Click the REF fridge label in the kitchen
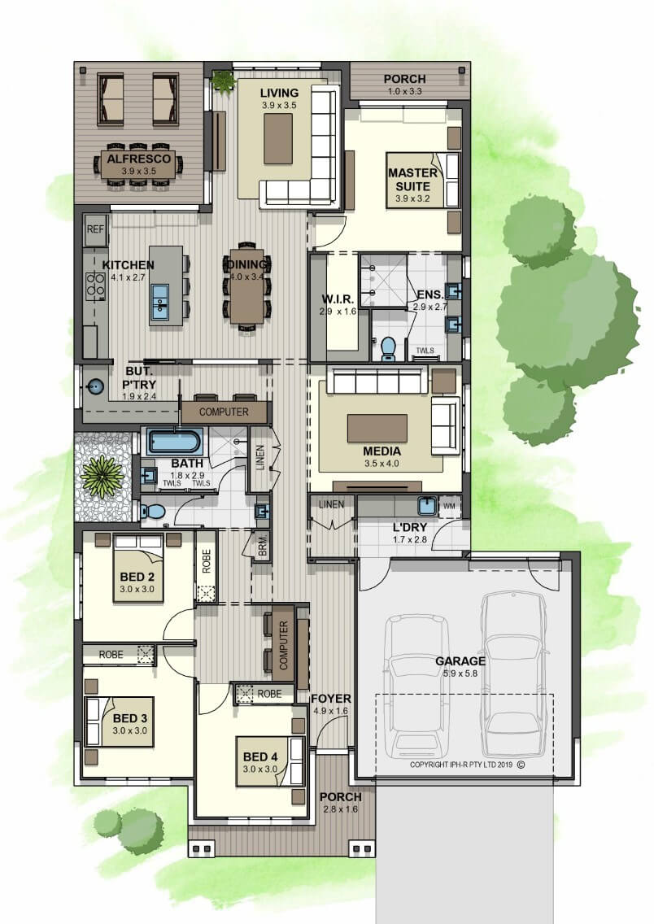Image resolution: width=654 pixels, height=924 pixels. tap(95, 229)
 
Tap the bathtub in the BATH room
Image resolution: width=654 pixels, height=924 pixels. tap(174, 441)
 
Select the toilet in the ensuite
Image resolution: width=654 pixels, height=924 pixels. tap(388, 347)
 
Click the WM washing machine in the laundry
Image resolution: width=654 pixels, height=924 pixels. tap(450, 506)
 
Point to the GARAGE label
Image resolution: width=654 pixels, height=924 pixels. tap(460, 661)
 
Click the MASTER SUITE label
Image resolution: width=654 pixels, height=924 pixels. tap(412, 179)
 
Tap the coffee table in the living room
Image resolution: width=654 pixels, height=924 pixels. tap(278, 138)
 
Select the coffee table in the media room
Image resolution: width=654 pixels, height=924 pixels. tap(377, 428)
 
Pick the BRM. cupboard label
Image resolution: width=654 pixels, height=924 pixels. tap(263, 546)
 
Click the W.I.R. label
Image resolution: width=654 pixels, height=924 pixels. tap(338, 299)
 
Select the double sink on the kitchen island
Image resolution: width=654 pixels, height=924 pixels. tap(159, 299)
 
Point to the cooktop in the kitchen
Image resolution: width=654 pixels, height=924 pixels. tap(95, 285)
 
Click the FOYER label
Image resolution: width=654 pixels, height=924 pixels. tap(331, 699)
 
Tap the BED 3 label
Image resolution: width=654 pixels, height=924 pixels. tap(129, 718)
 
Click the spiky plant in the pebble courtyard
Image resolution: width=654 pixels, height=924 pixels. tap(102, 476)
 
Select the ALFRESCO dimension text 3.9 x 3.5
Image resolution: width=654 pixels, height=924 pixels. tap(139, 172)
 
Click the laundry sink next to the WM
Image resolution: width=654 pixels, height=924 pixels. tap(426, 506)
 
